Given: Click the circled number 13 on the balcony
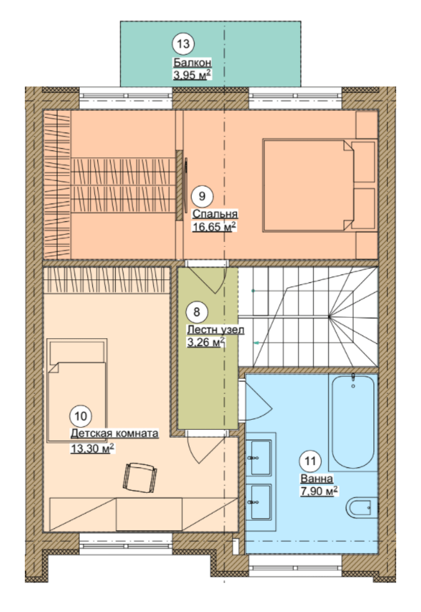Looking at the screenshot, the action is click(x=183, y=44).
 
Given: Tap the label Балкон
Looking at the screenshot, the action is click(x=192, y=63).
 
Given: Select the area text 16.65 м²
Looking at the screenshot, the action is click(x=214, y=227).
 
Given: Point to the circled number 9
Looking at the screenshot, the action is click(x=202, y=196).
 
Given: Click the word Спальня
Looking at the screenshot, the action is click(x=215, y=214).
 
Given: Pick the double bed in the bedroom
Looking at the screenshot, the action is click(x=308, y=185).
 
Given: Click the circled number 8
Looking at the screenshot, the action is click(x=197, y=312).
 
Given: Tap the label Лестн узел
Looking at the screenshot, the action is click(x=216, y=330).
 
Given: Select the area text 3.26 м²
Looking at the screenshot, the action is click(x=206, y=342).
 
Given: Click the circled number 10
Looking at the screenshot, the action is click(x=81, y=416).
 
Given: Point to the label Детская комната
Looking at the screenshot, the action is click(x=115, y=434).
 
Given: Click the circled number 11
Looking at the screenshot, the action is click(x=310, y=461).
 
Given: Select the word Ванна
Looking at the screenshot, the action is click(x=317, y=479).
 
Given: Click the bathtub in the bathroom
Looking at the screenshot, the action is click(x=353, y=421).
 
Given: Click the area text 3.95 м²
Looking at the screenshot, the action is click(x=192, y=74).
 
